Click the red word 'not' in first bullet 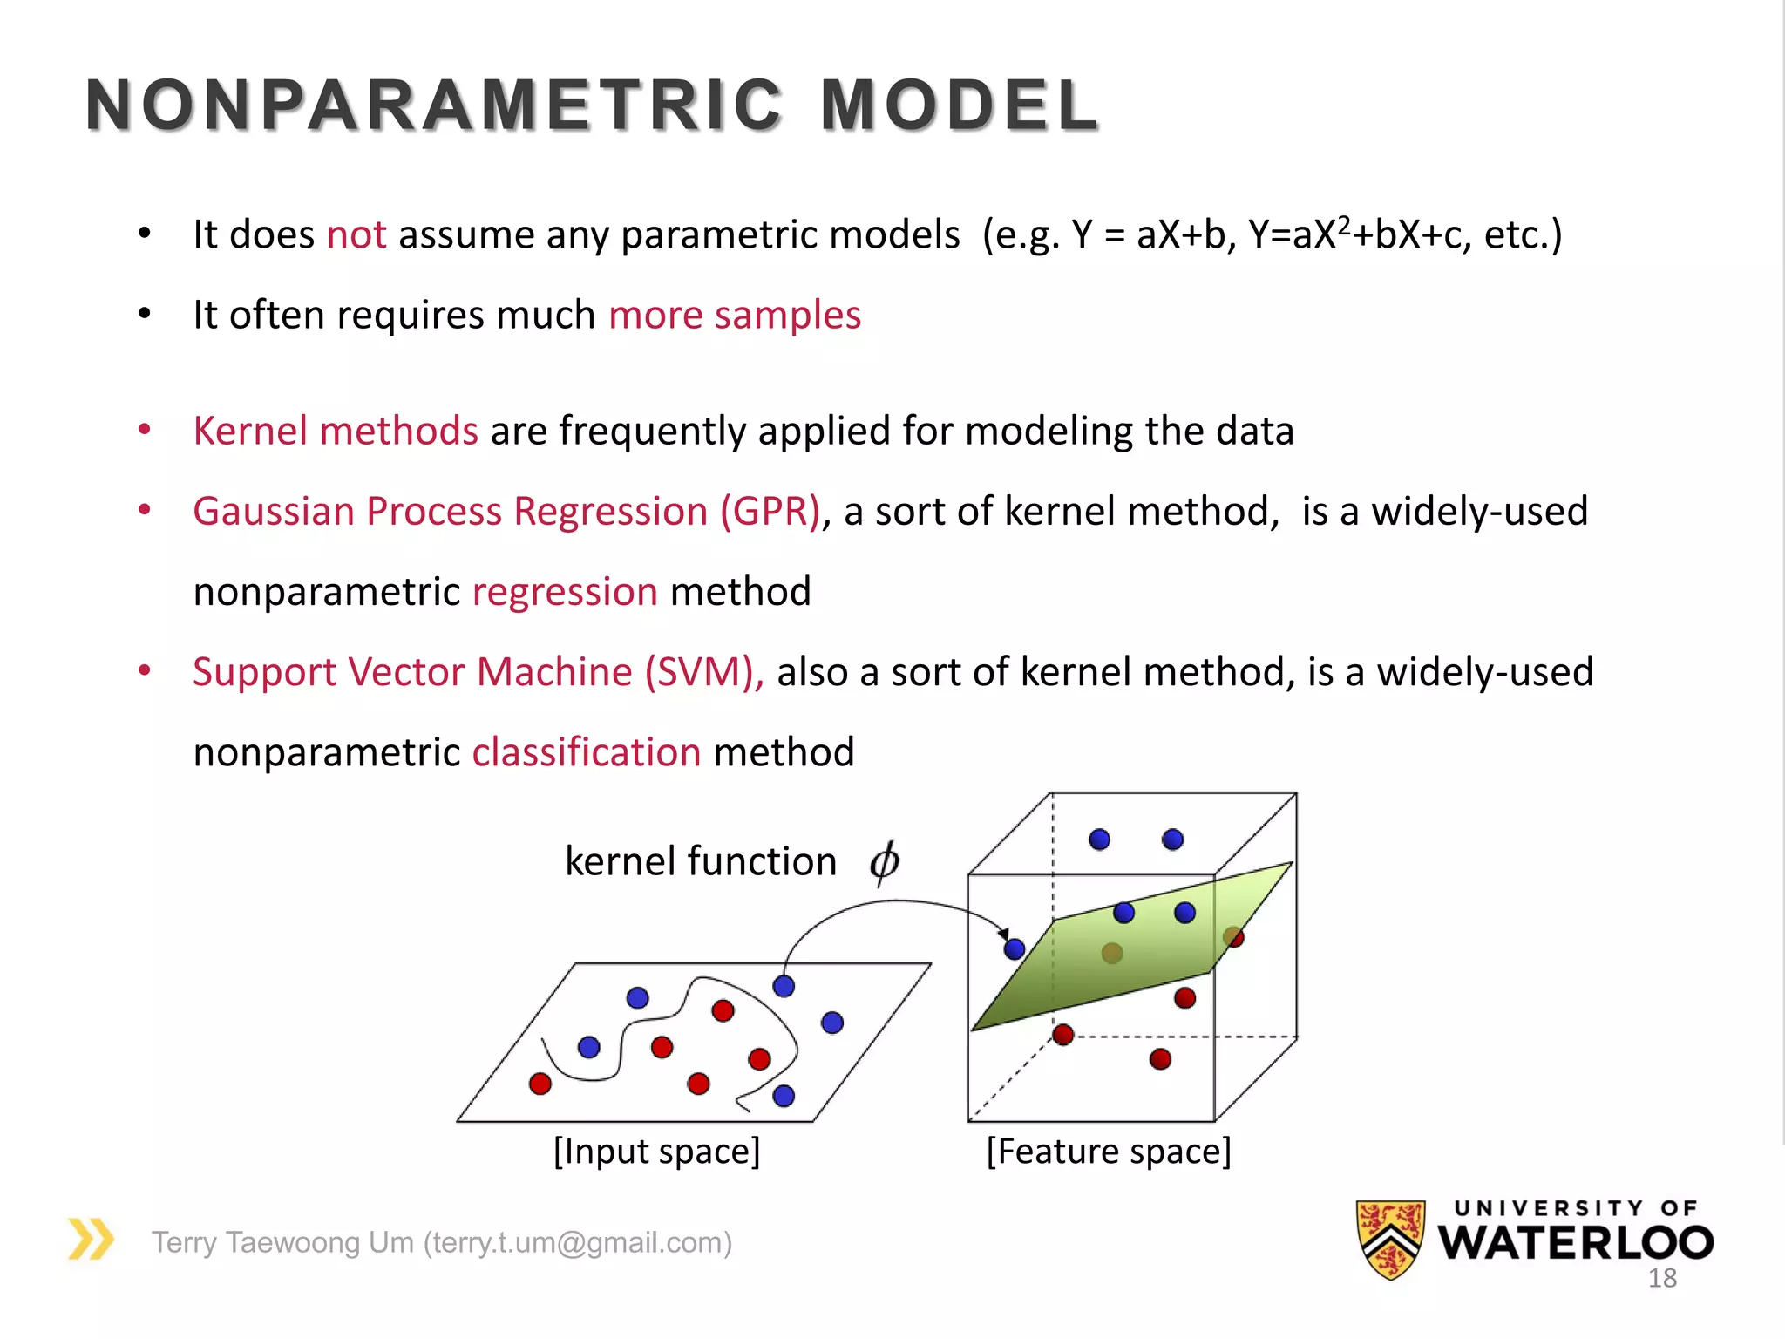pyautogui.click(x=356, y=235)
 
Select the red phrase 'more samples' pyautogui.click(x=734, y=316)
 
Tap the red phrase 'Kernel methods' pyautogui.click(x=336, y=432)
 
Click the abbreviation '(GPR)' pyautogui.click(x=770, y=512)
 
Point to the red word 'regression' pyautogui.click(x=565, y=592)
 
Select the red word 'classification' pyautogui.click(x=587, y=752)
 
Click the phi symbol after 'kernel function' pyautogui.click(x=884, y=862)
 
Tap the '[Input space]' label pyautogui.click(x=657, y=1152)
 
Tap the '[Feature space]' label pyautogui.click(x=1109, y=1152)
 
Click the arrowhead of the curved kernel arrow pyautogui.click(x=1003, y=934)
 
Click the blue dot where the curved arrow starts pyautogui.click(x=784, y=986)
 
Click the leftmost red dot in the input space pyautogui.click(x=540, y=1084)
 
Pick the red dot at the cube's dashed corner pyautogui.click(x=1062, y=1035)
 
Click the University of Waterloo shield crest pyautogui.click(x=1390, y=1239)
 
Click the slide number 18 pyautogui.click(x=1662, y=1279)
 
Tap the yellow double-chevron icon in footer pyautogui.click(x=91, y=1239)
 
